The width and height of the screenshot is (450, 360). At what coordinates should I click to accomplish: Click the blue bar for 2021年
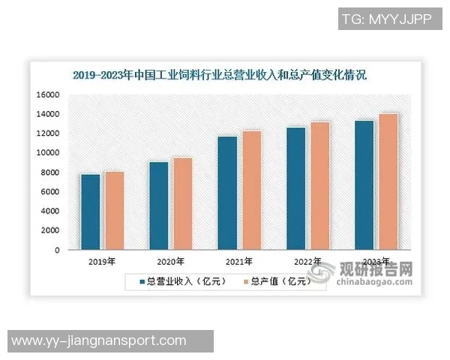click(226, 193)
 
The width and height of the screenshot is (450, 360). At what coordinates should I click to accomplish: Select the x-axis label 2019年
click(100, 262)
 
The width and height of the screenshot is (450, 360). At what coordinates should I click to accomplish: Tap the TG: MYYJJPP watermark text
click(385, 19)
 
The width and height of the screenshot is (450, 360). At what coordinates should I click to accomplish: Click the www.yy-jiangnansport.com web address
click(99, 341)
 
